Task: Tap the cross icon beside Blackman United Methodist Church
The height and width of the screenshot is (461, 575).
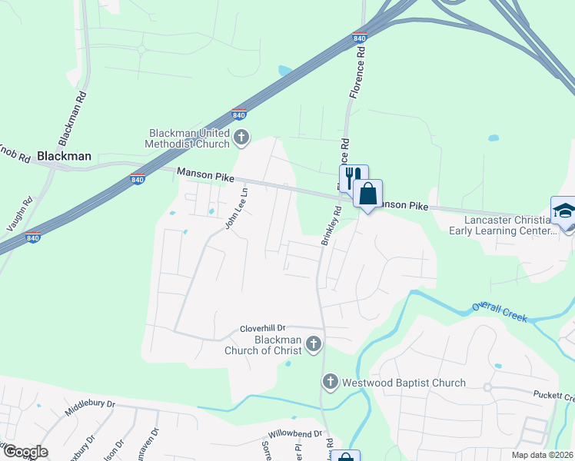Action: click(242, 138)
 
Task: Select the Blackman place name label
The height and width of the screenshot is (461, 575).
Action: click(65, 156)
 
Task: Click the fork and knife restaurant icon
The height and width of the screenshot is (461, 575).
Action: click(354, 177)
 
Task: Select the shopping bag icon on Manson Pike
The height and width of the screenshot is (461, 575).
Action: click(368, 193)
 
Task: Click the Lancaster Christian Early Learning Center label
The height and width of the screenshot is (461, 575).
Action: click(503, 224)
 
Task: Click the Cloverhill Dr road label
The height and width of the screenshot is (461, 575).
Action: click(262, 327)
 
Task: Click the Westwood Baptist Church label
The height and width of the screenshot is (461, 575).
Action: click(404, 383)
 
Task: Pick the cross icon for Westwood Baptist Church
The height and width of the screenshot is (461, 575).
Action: click(330, 381)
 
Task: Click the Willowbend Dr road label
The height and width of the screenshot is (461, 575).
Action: click(295, 433)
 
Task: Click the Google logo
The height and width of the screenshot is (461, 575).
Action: click(25, 452)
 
